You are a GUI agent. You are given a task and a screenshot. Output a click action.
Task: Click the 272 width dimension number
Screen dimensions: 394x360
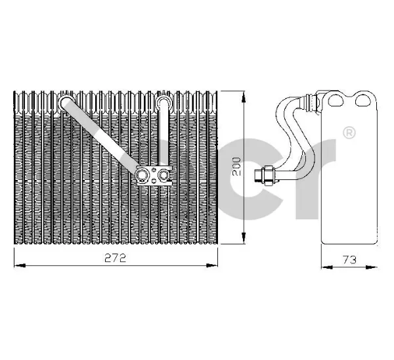pyautogui.click(x=115, y=258)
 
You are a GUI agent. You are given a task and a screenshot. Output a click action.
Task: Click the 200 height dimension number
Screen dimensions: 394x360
pyautogui.click(x=236, y=166)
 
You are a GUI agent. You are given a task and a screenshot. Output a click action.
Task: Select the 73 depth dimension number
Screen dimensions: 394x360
pyautogui.click(x=349, y=259)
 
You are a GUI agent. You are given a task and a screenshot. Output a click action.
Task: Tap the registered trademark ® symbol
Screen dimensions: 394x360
pyautogui.click(x=349, y=133)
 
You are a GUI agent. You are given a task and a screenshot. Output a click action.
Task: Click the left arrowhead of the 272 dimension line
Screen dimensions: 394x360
pyautogui.click(x=20, y=265)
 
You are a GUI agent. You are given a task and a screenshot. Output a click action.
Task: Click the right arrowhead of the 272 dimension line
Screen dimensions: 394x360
pyautogui.click(x=211, y=265)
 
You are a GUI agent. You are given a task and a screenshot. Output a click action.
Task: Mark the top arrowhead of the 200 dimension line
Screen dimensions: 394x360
pyautogui.click(x=243, y=97)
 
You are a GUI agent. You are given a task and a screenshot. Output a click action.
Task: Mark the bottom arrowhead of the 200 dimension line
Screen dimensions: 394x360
pyautogui.click(x=243, y=238)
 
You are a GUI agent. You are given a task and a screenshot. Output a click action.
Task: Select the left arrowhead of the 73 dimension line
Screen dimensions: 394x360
pyautogui.click(x=327, y=267)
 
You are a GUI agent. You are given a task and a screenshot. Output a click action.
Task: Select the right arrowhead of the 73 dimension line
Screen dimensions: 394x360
pyautogui.click(x=372, y=267)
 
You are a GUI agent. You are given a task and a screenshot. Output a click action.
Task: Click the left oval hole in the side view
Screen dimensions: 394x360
pyautogui.click(x=336, y=100)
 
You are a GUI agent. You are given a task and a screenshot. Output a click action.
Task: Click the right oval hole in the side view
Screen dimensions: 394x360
pyautogui.click(x=363, y=100)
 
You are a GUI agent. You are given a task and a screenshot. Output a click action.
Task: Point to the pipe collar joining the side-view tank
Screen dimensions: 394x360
pyautogui.click(x=311, y=102)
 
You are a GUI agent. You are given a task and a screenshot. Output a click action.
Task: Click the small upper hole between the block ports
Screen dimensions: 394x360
pyautogui.click(x=153, y=171)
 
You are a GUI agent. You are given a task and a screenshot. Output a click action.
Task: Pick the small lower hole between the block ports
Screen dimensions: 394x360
pyautogui.click(x=153, y=180)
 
